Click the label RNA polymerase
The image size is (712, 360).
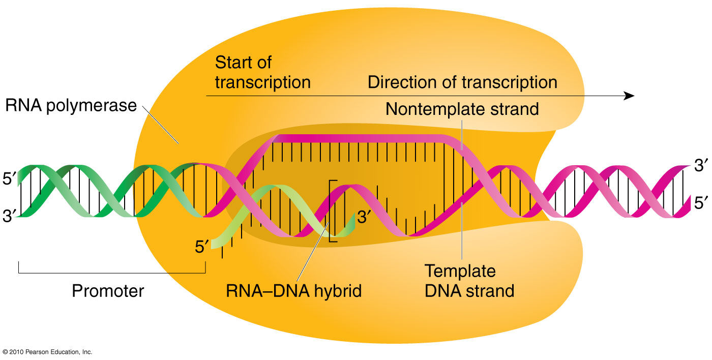(x=71, y=105)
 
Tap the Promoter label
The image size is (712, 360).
(x=108, y=291)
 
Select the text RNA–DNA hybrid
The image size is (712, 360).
(x=293, y=291)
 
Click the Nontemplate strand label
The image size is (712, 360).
(x=462, y=109)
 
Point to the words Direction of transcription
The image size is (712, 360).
(x=462, y=82)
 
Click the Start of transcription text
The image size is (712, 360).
(x=262, y=72)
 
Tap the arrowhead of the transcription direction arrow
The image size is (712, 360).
(x=630, y=96)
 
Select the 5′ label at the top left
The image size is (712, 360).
(x=9, y=181)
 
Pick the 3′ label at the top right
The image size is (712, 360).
(x=700, y=165)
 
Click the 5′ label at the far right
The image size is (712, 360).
(x=700, y=203)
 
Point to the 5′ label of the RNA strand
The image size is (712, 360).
(x=202, y=248)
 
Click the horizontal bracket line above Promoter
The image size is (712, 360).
(x=112, y=273)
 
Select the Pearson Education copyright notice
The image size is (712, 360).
(x=47, y=352)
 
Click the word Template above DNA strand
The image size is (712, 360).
(x=460, y=271)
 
